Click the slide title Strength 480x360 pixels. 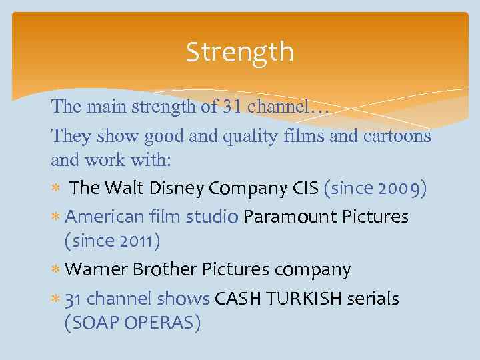tap(239, 51)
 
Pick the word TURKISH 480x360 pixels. tap(303, 299)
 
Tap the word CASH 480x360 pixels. tap(238, 299)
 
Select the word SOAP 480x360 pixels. tap(91, 323)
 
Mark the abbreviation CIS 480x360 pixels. tap(305, 189)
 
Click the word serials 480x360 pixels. tap(373, 299)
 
